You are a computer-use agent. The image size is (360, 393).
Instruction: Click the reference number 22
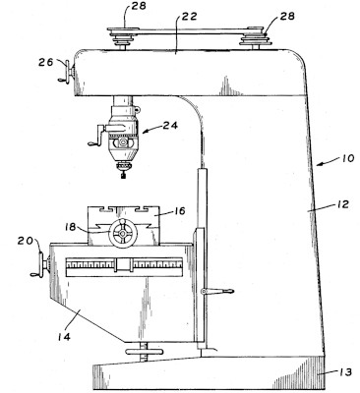pyautogui.click(x=190, y=17)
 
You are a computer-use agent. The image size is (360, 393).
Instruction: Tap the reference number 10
pyautogui.click(x=347, y=158)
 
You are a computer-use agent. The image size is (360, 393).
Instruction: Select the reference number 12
pyautogui.click(x=342, y=204)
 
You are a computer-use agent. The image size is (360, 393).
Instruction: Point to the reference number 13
pyautogui.click(x=345, y=372)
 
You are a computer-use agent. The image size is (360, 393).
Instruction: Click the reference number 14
pyautogui.click(x=63, y=336)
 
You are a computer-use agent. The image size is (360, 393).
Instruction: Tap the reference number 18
pyautogui.click(x=71, y=227)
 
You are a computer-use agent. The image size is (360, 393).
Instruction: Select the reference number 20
pyautogui.click(x=26, y=241)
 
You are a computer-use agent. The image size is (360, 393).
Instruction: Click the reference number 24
pyautogui.click(x=170, y=125)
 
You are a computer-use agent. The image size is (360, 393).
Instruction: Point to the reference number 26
pyautogui.click(x=46, y=62)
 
